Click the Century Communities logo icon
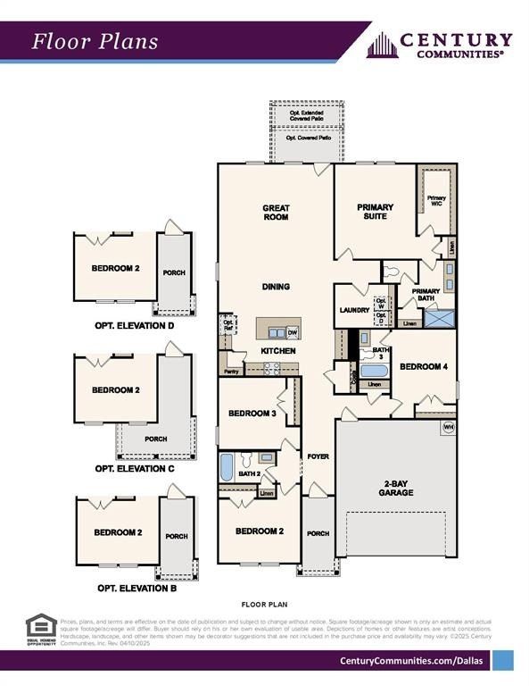click(382, 45)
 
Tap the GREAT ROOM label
click(276, 213)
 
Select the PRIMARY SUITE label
click(375, 213)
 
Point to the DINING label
click(276, 288)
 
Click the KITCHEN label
click(277, 351)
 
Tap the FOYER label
click(318, 456)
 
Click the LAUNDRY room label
click(354, 310)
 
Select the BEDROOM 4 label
click(425, 366)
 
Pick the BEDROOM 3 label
click(252, 414)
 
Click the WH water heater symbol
click(448, 428)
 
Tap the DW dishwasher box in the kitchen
click(292, 332)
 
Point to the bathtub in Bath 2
click(227, 466)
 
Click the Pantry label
click(231, 371)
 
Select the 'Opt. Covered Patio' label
click(306, 139)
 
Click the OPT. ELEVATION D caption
click(135, 326)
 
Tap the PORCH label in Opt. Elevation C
click(156, 439)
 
